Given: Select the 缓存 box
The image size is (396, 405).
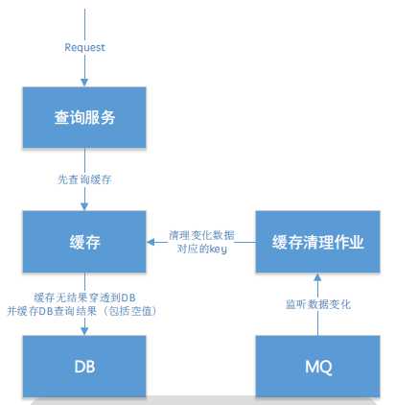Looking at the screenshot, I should tap(84, 243).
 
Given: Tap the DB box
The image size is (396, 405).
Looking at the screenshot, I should tap(84, 367).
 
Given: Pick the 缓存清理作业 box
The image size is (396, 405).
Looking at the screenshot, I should tap(317, 243).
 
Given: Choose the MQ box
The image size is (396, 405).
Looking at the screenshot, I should tap(317, 367).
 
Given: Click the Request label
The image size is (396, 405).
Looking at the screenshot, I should tap(84, 47).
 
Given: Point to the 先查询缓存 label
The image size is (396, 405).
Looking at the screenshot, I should tap(84, 179).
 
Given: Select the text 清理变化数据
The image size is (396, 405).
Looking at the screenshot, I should tap(199, 234).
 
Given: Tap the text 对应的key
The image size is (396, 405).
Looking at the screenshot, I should tap(199, 248).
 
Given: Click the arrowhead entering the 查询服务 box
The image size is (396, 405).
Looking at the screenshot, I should tap(84, 83).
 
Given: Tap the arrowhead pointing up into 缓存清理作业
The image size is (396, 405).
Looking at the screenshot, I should tap(317, 277).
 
